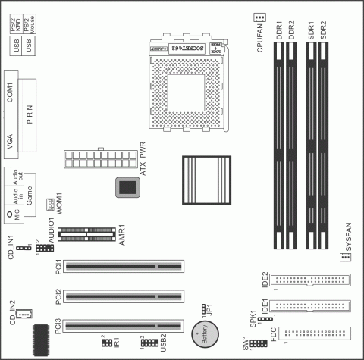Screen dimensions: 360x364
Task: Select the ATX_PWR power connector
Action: click(97, 159)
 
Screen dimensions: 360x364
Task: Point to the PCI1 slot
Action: click(124, 266)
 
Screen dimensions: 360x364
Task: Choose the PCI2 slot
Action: click(124, 296)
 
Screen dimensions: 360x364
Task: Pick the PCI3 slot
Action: click(124, 327)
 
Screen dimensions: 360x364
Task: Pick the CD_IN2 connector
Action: click(27, 313)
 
